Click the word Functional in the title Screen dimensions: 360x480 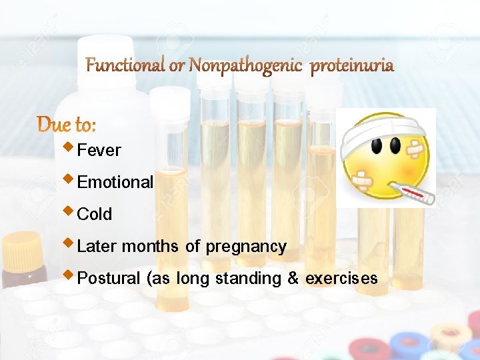click(x=125, y=65)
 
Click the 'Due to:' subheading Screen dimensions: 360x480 click(x=67, y=124)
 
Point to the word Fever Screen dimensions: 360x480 click(x=99, y=151)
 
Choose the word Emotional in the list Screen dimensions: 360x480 click(x=115, y=183)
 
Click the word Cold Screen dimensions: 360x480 click(x=95, y=215)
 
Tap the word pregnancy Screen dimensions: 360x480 click(x=246, y=247)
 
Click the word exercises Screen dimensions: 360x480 click(x=341, y=279)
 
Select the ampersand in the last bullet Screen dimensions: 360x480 click(x=293, y=279)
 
